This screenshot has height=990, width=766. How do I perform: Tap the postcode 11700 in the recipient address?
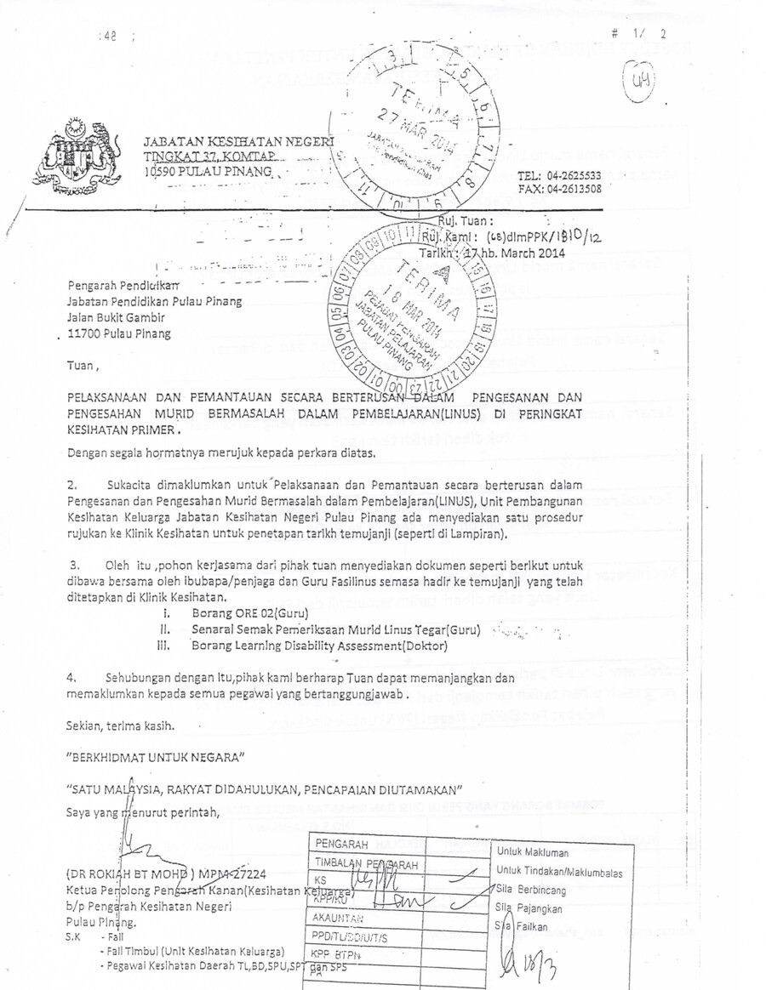click(87, 333)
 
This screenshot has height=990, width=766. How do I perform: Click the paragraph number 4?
click(72, 679)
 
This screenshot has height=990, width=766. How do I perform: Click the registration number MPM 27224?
click(240, 873)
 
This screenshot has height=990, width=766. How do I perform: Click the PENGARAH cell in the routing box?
click(341, 845)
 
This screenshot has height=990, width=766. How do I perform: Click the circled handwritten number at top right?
click(637, 82)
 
